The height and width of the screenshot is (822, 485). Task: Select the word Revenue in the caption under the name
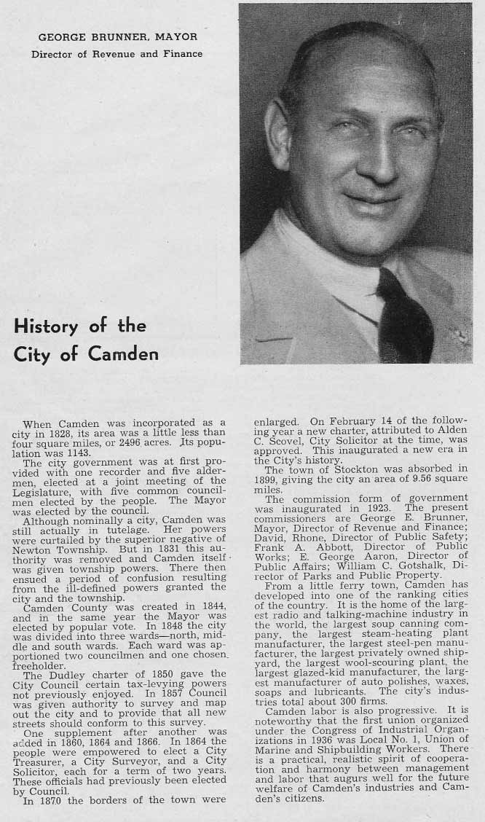[x=122, y=54]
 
